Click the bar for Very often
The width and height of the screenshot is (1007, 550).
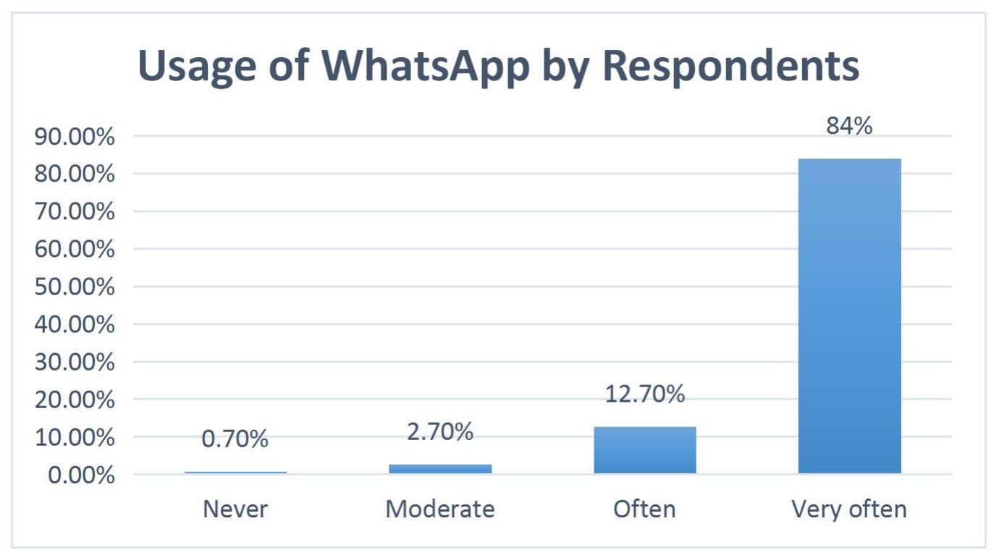click(850, 316)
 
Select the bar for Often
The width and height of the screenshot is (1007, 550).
click(645, 450)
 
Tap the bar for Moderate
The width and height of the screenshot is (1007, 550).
click(441, 469)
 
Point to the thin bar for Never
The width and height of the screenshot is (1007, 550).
click(235, 473)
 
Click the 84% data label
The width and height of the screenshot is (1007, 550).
click(849, 125)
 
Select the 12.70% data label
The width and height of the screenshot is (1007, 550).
click(645, 394)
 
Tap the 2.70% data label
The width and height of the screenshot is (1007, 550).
click(440, 431)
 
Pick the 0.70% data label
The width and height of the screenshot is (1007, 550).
click(235, 439)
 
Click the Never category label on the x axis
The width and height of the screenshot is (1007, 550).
click(235, 509)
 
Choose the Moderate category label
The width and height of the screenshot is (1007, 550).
click(440, 509)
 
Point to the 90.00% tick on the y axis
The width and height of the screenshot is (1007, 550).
click(75, 136)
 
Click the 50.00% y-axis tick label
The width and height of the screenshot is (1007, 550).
click(75, 287)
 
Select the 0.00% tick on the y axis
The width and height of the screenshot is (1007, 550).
click(81, 475)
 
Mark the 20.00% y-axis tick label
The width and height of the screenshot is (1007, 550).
click(75, 399)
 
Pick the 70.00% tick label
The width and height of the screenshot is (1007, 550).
click(75, 211)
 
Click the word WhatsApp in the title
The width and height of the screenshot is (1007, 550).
click(425, 67)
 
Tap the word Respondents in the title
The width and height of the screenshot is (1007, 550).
click(731, 67)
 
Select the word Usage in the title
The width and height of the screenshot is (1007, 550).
click(197, 67)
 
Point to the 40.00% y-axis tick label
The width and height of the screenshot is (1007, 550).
click(75, 324)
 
